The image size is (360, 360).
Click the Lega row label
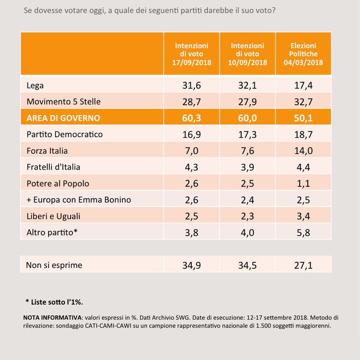35,85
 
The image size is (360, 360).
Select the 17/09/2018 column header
192,54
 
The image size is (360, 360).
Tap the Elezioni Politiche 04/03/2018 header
303,54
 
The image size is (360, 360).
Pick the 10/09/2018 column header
247,54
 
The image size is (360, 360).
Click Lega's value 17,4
303,85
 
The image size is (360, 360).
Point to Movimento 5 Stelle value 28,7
192,102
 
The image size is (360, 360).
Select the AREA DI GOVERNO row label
63,118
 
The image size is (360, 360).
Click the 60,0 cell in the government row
247,118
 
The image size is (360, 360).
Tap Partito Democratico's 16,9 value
192,135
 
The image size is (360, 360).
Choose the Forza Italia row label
47,151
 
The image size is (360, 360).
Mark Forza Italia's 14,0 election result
303,151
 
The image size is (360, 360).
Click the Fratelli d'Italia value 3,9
247,167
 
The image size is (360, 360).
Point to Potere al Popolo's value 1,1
303,184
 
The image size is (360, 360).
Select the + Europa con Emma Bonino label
79,200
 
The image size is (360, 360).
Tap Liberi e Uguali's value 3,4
303,216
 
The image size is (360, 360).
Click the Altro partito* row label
52,233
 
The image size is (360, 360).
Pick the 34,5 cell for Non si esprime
247,265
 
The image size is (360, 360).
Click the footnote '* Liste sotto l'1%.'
54,302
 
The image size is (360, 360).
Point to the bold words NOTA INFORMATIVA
52,318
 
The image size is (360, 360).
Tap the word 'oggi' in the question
96,11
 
